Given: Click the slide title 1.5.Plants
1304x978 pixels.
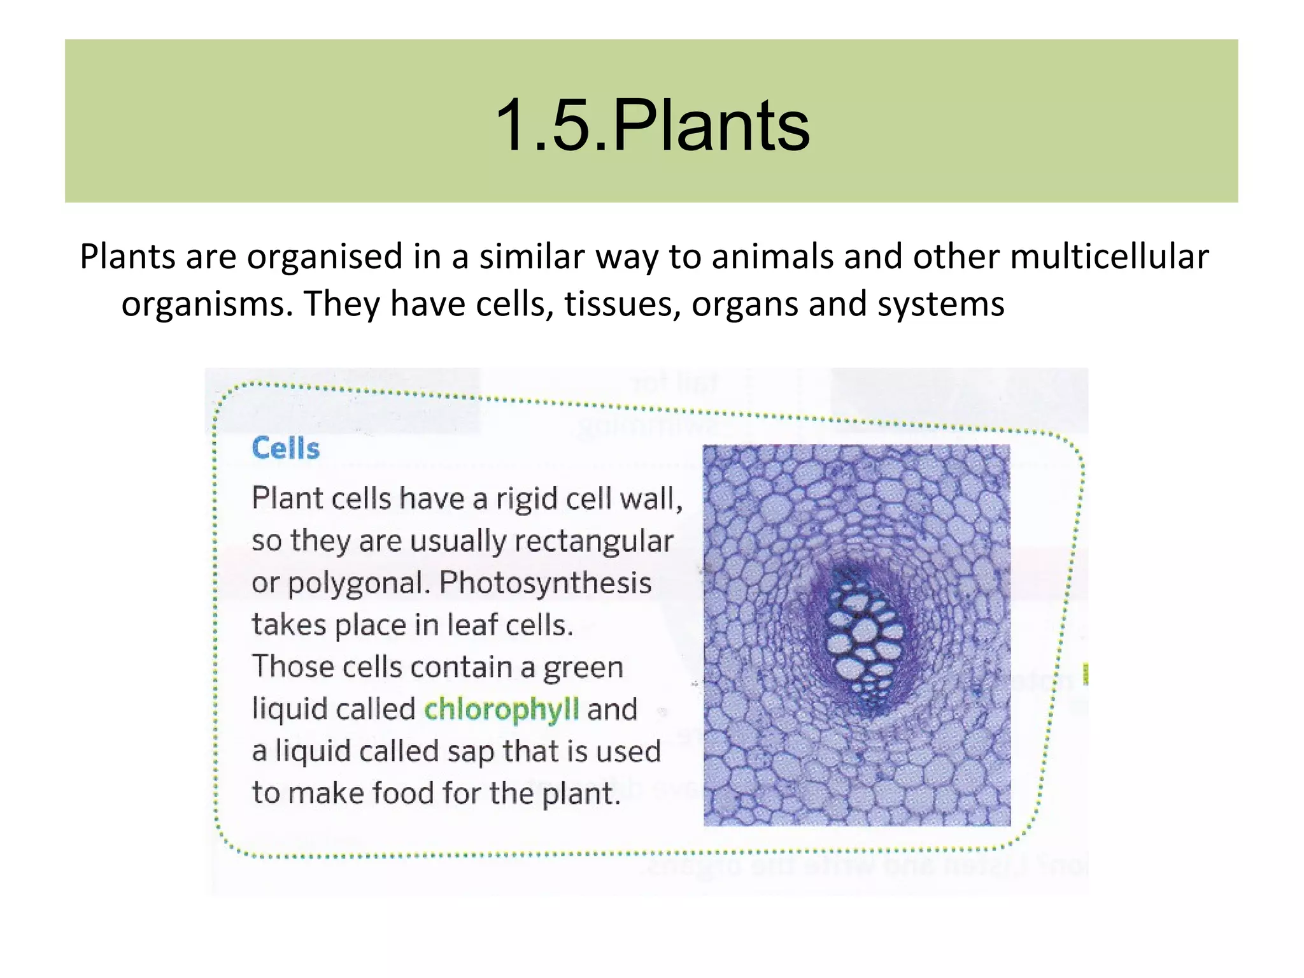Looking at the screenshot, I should [651, 126].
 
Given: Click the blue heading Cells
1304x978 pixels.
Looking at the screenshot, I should [285, 449].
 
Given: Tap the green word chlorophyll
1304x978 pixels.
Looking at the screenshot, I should [502, 709].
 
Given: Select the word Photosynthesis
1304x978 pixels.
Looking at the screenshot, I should [546, 582].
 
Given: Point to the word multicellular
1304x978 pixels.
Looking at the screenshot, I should [1109, 257].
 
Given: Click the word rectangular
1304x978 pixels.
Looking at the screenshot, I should [593, 541].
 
